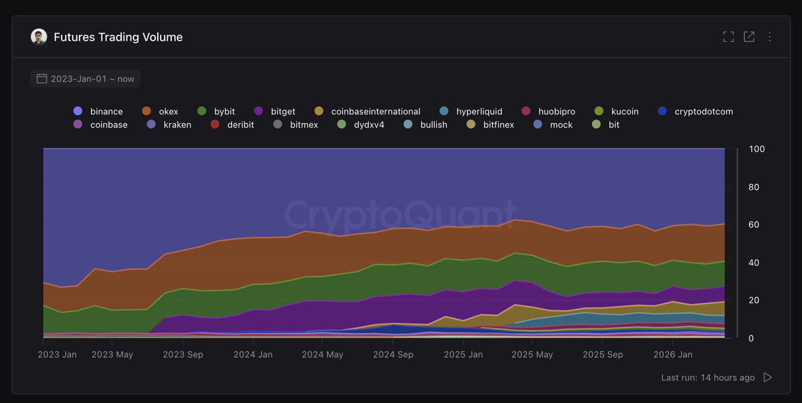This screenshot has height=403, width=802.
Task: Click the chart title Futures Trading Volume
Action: [118, 37]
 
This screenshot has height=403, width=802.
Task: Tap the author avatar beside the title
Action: [39, 37]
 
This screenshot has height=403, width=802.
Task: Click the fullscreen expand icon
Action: [728, 37]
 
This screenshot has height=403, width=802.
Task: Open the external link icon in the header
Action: [748, 37]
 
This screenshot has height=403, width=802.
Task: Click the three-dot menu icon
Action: [769, 37]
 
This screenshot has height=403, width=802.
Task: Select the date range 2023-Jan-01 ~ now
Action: [85, 79]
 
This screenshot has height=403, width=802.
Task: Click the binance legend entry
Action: [98, 112]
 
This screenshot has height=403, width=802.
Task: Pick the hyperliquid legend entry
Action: [471, 112]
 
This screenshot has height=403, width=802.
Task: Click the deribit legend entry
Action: [232, 124]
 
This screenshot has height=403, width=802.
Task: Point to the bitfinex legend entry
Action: [490, 124]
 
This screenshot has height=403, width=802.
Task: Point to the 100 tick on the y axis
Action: [757, 149]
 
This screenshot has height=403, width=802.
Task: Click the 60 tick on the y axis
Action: [753, 225]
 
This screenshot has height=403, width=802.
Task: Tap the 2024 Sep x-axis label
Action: [393, 354]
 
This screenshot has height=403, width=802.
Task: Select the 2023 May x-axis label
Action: [112, 354]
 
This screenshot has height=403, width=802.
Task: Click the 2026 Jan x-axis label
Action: [673, 354]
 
